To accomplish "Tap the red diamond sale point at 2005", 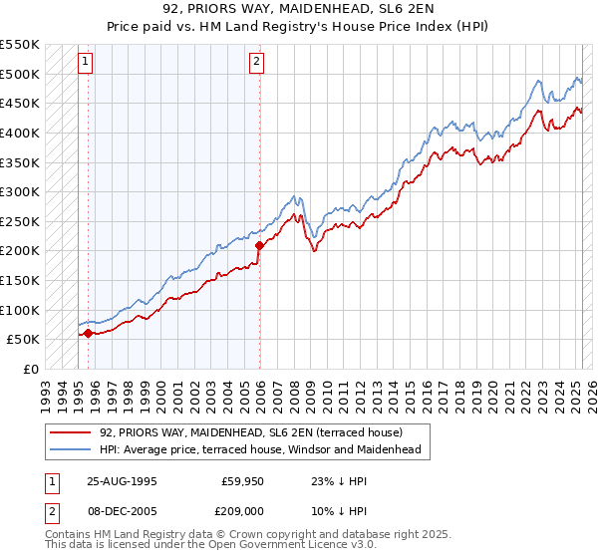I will tap(259, 245).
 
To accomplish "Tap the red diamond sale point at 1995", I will tap(88, 333).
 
